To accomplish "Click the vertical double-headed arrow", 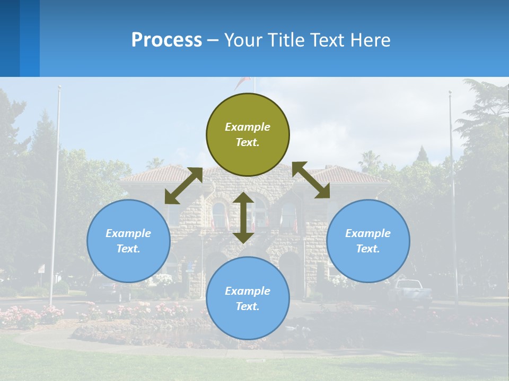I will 243,217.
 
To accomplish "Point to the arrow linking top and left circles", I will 183,186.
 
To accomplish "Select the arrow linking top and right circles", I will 311,180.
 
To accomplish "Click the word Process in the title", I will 166,40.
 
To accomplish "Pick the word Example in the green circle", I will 248,127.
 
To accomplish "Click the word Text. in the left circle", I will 128,249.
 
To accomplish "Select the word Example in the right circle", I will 368,233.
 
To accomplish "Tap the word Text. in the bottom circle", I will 248,306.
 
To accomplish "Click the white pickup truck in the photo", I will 411,291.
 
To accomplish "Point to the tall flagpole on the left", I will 55,196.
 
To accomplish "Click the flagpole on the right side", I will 453,196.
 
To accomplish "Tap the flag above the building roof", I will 244,82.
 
